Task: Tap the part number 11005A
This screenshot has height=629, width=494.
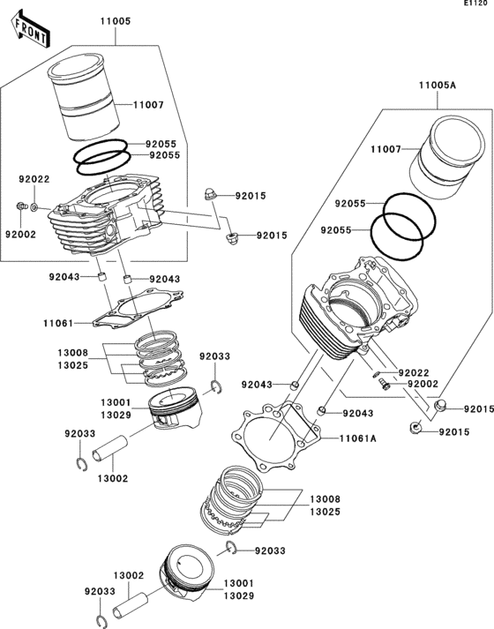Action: (x=437, y=85)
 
